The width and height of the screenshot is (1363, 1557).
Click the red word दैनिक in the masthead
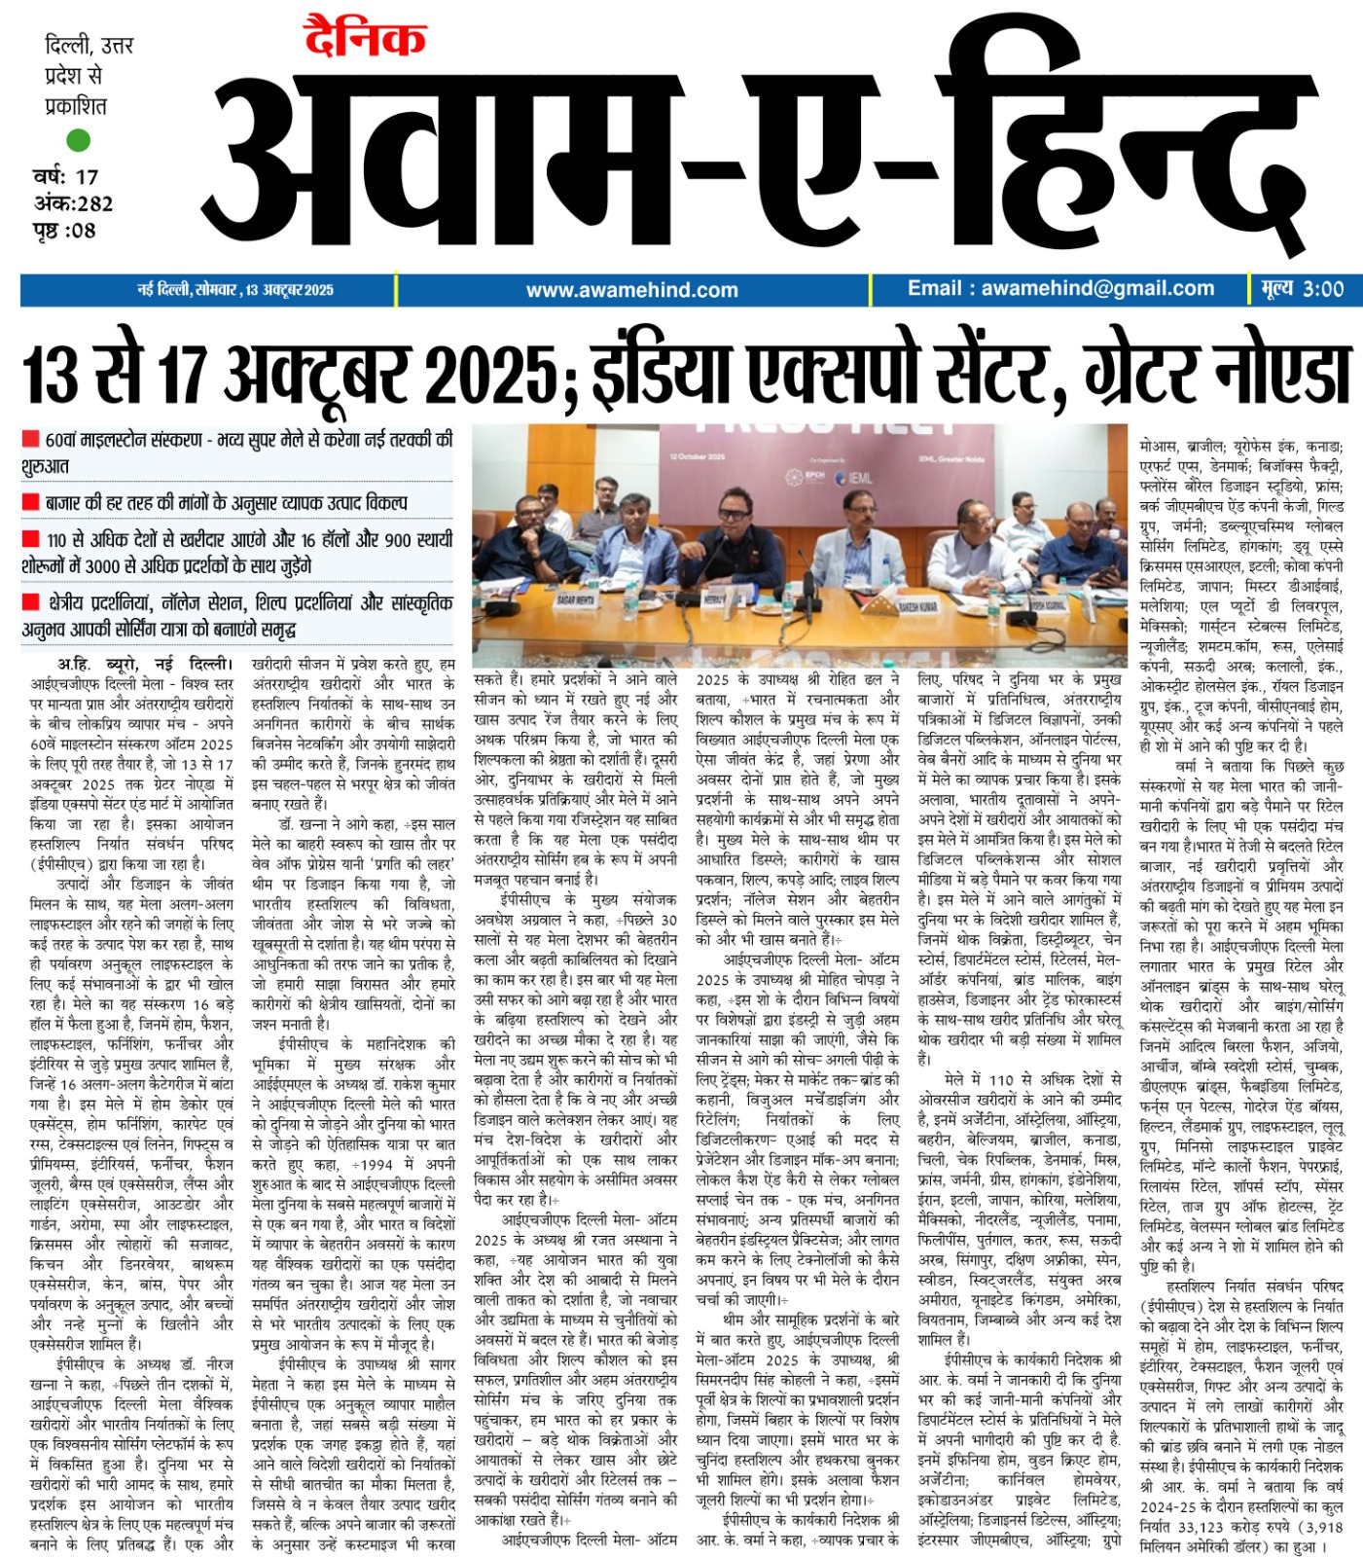[365, 39]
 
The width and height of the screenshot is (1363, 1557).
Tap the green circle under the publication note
[78, 140]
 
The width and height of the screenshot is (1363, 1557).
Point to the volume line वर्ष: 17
[65, 177]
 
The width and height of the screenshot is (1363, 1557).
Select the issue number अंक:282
[73, 203]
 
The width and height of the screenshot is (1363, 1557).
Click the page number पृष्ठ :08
[63, 231]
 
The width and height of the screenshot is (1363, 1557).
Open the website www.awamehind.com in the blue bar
[631, 290]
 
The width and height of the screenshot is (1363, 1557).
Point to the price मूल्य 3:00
[1302, 289]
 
